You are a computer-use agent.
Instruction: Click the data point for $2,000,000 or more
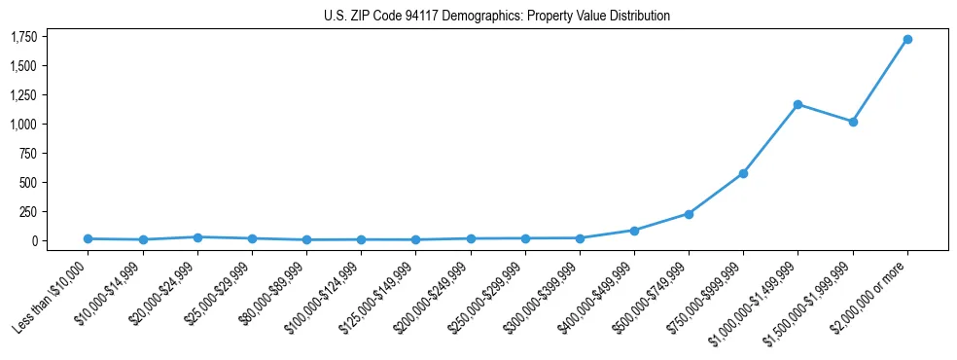(x=906, y=40)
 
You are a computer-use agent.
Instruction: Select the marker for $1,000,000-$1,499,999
(x=797, y=104)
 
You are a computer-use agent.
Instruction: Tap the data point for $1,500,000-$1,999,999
(x=852, y=122)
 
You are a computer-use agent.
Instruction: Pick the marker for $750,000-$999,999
(x=743, y=173)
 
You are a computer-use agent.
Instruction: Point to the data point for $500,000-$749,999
(x=689, y=214)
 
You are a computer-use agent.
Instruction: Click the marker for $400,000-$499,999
(x=634, y=231)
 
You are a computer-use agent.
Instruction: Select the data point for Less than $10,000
(x=89, y=238)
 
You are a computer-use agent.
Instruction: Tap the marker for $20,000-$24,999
(x=197, y=236)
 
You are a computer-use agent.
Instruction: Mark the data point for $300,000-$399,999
(x=580, y=237)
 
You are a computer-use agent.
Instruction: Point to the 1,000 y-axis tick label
(x=24, y=125)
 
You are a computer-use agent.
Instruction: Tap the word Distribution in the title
(x=641, y=16)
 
